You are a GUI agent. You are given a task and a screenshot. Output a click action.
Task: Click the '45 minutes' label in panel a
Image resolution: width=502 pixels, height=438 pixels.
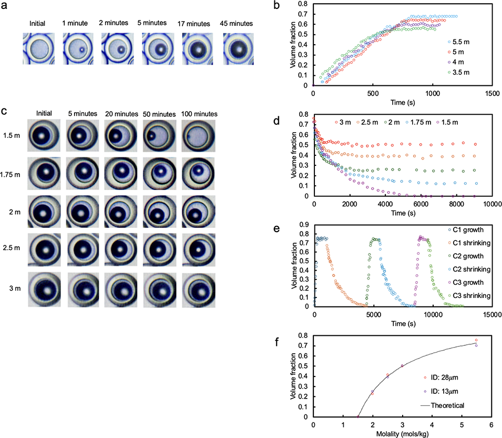point(237,23)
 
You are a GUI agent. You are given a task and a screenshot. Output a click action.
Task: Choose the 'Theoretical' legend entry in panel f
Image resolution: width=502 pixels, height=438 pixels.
point(444,405)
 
